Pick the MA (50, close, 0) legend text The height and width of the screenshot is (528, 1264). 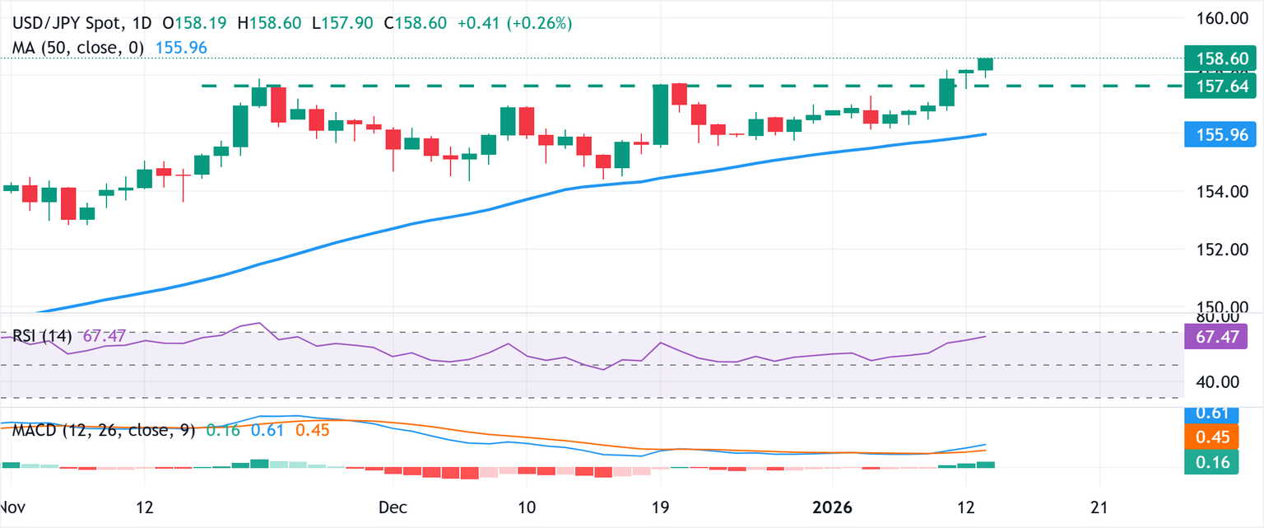(x=78, y=48)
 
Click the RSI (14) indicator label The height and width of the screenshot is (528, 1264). (x=42, y=336)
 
